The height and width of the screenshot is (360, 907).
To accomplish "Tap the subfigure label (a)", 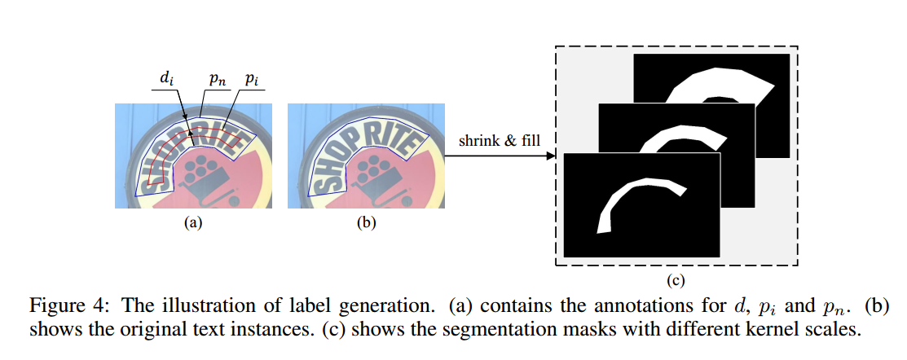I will [192, 222].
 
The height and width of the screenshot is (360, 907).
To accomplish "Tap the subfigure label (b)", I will [365, 222].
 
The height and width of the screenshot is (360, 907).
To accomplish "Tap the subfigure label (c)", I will [675, 282].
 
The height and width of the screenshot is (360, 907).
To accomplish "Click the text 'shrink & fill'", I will [498, 141].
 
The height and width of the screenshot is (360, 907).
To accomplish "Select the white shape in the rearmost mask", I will [717, 82].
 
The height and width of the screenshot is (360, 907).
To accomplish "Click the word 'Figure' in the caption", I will [55, 308].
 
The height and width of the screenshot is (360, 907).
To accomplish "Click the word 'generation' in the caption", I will [385, 308].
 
